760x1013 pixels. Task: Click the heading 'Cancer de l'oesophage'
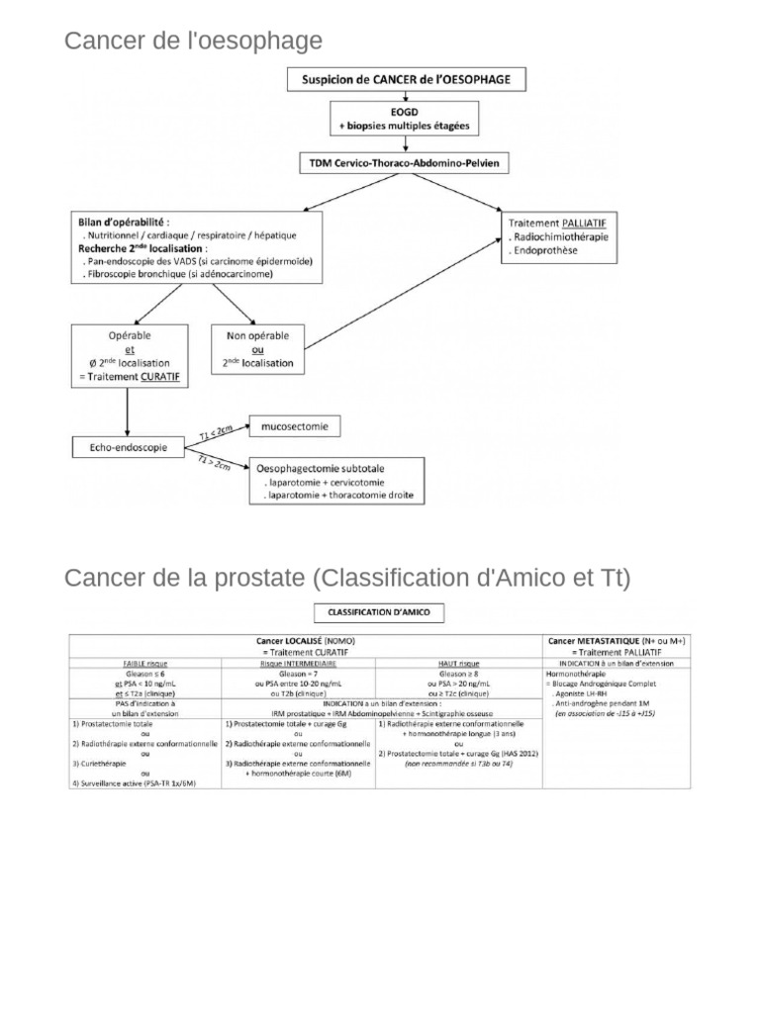[x=193, y=41]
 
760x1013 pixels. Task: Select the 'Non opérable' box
[x=258, y=349]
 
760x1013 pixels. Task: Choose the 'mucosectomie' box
[x=295, y=427]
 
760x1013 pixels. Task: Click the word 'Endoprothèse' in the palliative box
[x=545, y=251]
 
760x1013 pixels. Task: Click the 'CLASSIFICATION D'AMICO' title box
[x=379, y=612]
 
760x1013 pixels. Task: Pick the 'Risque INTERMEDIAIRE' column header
[x=300, y=664]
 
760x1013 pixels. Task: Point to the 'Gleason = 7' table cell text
[x=300, y=673]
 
